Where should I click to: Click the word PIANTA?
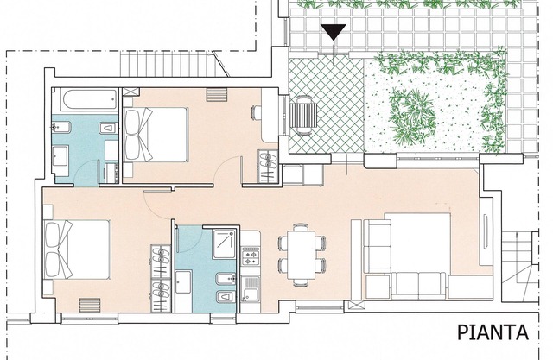tap(493, 332)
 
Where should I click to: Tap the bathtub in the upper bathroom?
tap(89, 99)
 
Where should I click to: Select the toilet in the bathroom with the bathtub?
tap(108, 129)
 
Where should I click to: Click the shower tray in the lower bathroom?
tap(225, 244)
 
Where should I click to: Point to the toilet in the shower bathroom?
tap(226, 297)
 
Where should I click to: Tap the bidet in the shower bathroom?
tap(226, 279)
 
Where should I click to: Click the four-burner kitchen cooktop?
tap(251, 256)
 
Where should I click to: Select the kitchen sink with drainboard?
tap(251, 289)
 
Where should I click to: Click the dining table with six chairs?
tap(302, 255)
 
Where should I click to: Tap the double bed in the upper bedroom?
tap(156, 135)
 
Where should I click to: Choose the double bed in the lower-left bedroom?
tap(77, 249)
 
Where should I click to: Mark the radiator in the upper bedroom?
tap(216, 95)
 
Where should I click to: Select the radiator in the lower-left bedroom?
tap(90, 305)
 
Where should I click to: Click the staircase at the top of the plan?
tap(169, 64)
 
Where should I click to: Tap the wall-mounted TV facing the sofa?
tap(486, 231)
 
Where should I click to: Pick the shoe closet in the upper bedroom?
tap(268, 167)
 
